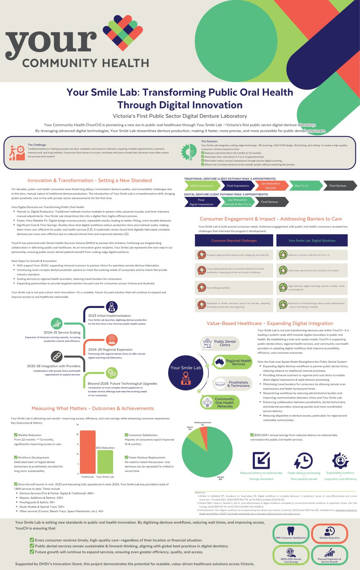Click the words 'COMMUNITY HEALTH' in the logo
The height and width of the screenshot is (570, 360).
pyautogui.click(x=86, y=63)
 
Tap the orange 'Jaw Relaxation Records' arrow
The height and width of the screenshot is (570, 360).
pyautogui.click(x=270, y=186)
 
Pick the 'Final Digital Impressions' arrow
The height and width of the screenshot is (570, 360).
pyautogui.click(x=201, y=202)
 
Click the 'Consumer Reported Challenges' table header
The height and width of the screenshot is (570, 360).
pyautogui.click(x=234, y=240)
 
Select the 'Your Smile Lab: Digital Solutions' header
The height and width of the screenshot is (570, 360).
pyautogui.click(x=312, y=240)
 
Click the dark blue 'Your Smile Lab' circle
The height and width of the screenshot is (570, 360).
pyautogui.click(x=186, y=373)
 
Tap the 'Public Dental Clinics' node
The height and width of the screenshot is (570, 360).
pyautogui.click(x=220, y=343)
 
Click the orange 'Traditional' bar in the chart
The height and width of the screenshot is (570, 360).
pyautogui.click(x=87, y=452)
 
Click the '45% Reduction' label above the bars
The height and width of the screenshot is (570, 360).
pyautogui.click(x=105, y=448)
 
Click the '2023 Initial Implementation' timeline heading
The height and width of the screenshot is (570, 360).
pyautogui.click(x=109, y=316)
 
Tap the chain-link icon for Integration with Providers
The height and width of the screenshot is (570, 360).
pyautogui.click(x=57, y=357)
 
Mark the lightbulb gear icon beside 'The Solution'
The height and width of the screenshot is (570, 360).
pyautogui.click(x=189, y=152)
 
